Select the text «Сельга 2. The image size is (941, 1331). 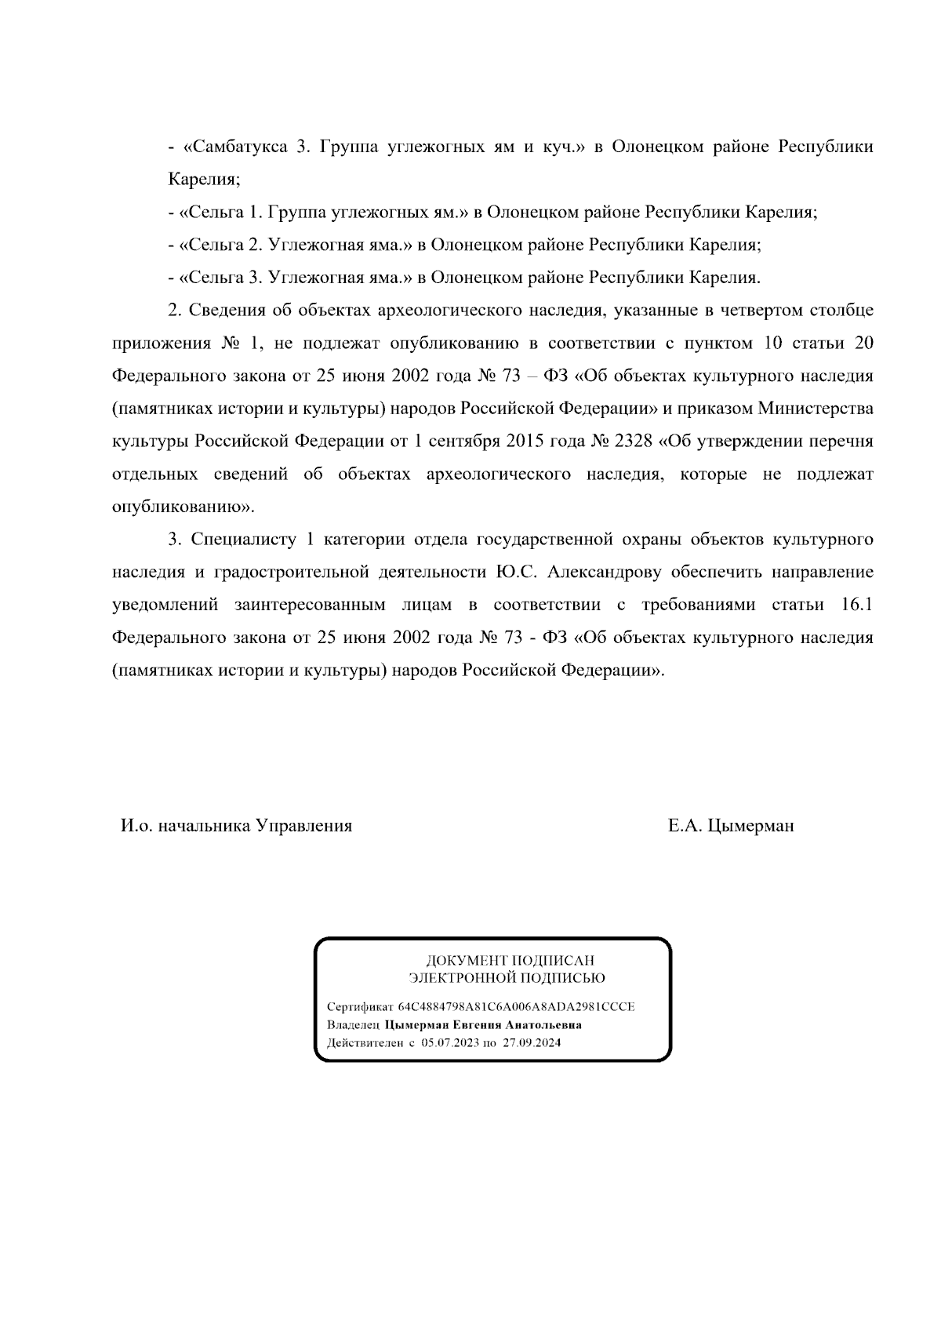(220, 245)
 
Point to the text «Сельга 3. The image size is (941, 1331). (220, 278)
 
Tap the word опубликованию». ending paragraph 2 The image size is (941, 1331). (183, 507)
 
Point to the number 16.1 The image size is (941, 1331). (856, 605)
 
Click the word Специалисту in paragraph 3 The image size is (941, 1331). (242, 540)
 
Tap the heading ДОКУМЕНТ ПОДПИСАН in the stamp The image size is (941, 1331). (510, 961)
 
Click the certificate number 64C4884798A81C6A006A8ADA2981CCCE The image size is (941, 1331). (517, 1007)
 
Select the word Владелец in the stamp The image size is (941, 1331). (353, 1025)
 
